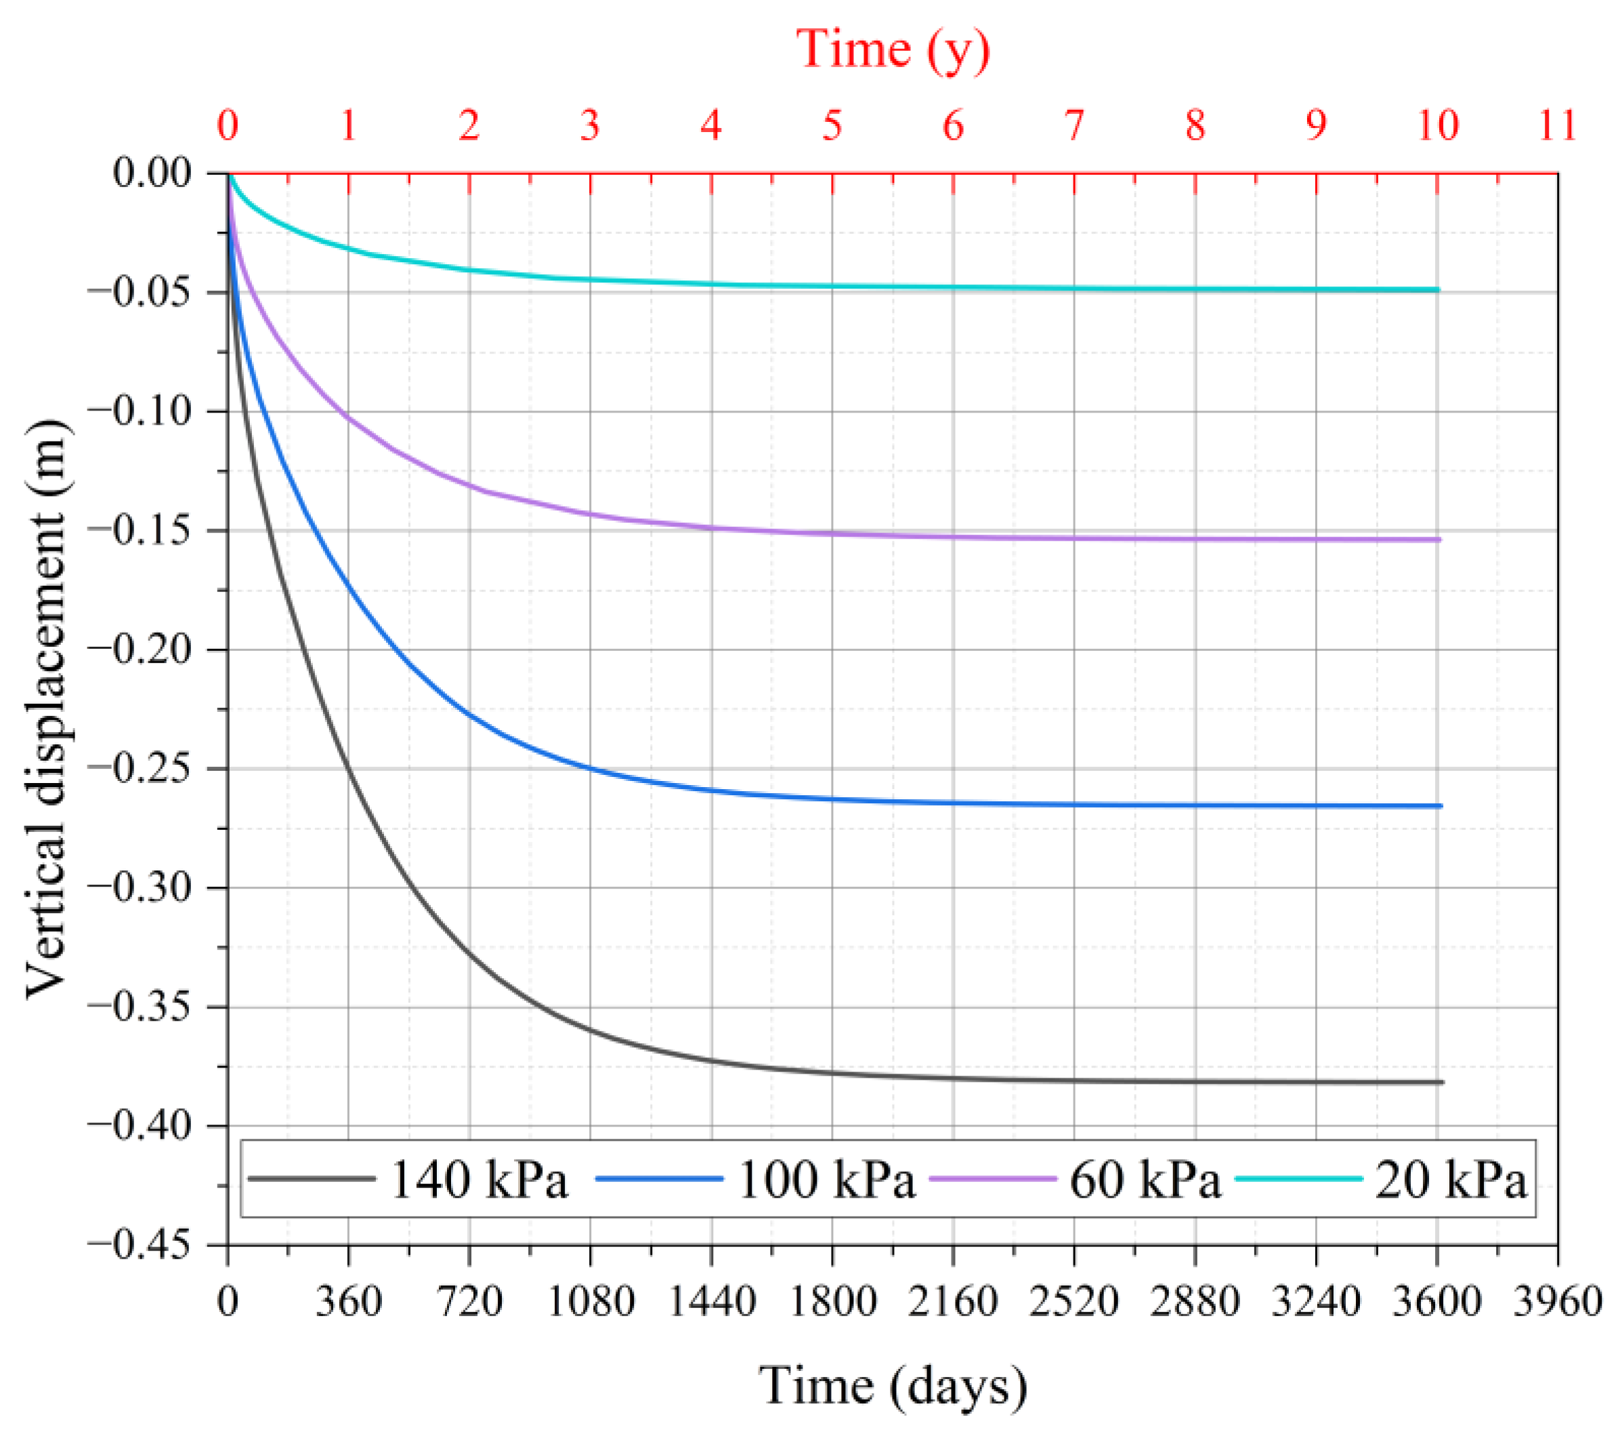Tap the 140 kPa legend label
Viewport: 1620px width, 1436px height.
479,1180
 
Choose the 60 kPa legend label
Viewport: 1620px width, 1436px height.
1145,1180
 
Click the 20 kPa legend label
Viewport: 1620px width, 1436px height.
1451,1180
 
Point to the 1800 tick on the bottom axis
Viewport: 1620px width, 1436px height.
832,1302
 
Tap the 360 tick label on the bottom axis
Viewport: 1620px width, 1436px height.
349,1302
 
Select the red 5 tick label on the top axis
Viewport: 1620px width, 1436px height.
832,125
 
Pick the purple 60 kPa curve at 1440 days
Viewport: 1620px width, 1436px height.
712,527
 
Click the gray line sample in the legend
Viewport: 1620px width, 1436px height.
311,1179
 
